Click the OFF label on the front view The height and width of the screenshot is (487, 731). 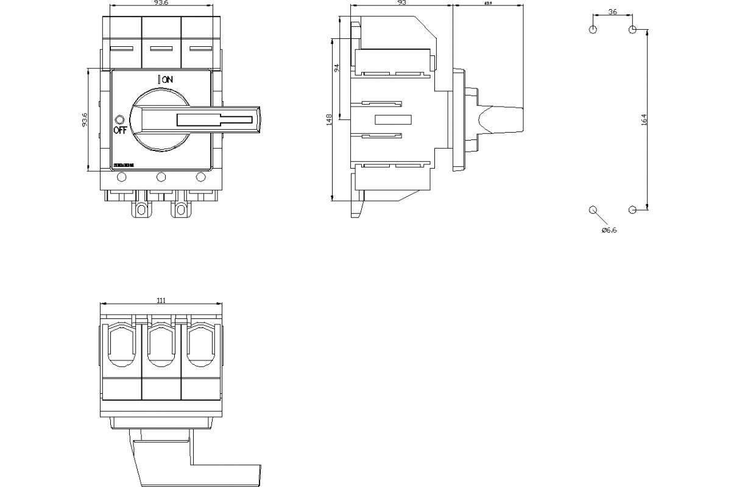(x=119, y=130)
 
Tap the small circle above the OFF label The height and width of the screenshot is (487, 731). (x=119, y=119)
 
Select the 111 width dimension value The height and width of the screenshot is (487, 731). (x=161, y=300)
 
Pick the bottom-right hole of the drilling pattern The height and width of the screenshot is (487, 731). (x=632, y=210)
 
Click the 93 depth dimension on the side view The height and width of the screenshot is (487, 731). (x=402, y=3)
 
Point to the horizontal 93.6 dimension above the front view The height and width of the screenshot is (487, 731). (x=161, y=3)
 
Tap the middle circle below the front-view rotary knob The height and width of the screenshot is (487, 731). (x=161, y=177)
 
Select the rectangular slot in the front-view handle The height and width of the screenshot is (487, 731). (x=214, y=120)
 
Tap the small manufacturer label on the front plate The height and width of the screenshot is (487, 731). (x=124, y=166)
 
